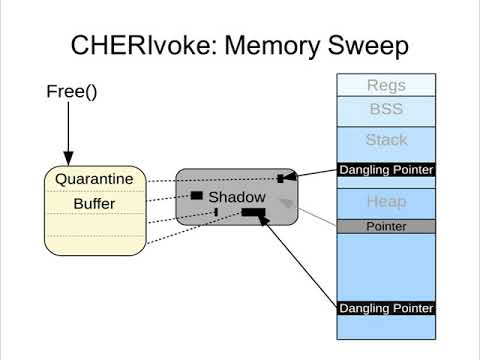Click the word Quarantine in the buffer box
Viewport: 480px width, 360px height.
click(x=94, y=180)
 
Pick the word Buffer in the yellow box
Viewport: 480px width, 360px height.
click(x=94, y=204)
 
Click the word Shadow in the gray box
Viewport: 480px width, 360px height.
click(x=237, y=197)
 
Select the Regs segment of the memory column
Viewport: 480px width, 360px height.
click(x=386, y=85)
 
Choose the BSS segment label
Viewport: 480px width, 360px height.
click(x=386, y=109)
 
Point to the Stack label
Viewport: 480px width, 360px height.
click(x=386, y=140)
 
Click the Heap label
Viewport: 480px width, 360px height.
click(x=386, y=202)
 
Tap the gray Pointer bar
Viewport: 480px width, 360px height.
click(x=386, y=227)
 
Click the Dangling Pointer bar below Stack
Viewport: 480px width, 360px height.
click(x=386, y=170)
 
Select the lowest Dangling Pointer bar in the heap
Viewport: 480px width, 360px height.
click(x=386, y=307)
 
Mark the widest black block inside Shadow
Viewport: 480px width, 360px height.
click(x=253, y=212)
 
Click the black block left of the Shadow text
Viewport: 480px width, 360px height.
click(x=197, y=195)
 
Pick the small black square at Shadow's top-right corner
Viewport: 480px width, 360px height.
click(x=281, y=178)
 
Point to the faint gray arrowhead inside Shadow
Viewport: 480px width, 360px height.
click(x=286, y=204)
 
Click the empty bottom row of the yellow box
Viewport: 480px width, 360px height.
click(x=94, y=244)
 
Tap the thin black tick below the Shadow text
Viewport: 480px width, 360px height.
click(x=216, y=212)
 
